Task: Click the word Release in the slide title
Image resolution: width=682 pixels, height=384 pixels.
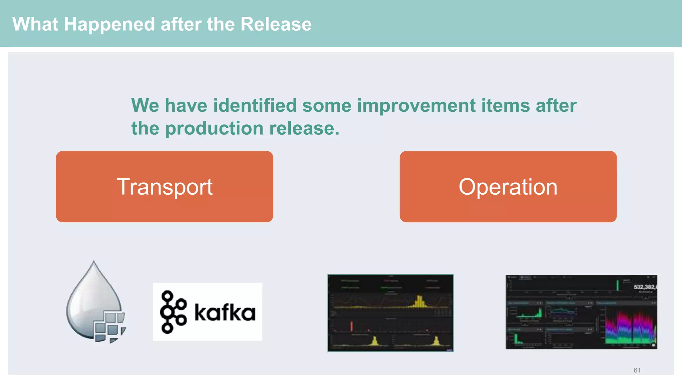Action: [x=276, y=24]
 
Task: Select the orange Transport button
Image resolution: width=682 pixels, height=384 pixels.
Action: [x=165, y=187]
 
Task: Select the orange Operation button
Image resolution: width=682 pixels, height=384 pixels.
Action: [x=508, y=187]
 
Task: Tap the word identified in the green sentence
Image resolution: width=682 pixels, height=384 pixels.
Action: [x=255, y=105]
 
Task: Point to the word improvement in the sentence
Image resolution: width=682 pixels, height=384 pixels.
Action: [x=416, y=105]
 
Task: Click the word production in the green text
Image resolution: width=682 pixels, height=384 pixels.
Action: [x=214, y=128]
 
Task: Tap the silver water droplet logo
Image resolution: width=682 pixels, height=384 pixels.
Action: [x=90, y=297]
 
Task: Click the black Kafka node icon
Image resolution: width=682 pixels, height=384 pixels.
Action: [x=172, y=312]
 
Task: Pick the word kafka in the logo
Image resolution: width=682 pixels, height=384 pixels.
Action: [x=225, y=313]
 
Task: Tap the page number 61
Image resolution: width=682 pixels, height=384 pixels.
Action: [x=637, y=370]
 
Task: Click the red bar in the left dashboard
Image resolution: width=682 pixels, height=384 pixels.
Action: [x=351, y=326]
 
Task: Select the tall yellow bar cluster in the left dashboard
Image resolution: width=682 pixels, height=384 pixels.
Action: [x=420, y=301]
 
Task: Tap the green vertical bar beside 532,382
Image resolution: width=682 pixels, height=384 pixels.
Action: [x=617, y=285]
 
